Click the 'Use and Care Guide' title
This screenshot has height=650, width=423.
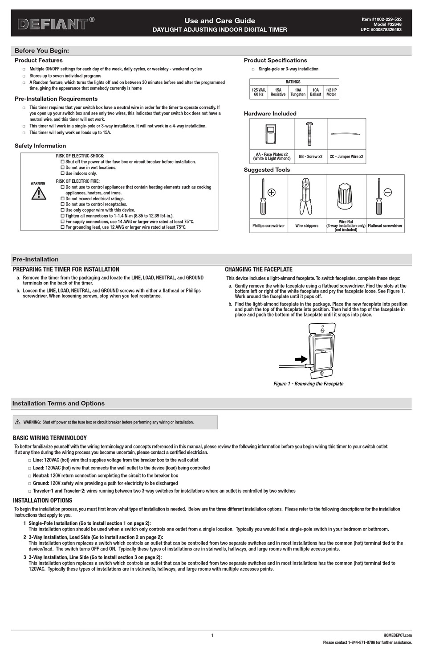coord(220,21)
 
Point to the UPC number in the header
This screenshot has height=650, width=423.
coord(381,30)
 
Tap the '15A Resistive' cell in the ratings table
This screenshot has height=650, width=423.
coord(278,92)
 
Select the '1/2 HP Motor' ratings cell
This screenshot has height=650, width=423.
coord(331,92)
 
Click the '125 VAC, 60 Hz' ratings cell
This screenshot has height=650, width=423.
coord(259,92)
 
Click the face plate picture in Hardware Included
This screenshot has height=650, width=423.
coord(270,134)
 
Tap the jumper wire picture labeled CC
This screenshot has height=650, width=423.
coord(346,134)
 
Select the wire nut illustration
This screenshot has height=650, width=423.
coord(346,196)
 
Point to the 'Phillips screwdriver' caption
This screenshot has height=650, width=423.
coord(268,226)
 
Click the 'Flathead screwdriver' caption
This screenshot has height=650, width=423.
coord(385,226)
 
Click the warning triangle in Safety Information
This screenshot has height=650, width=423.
coord(39,193)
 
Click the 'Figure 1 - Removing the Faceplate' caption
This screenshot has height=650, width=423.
coord(308,384)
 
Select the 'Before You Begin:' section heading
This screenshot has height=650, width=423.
coord(42,51)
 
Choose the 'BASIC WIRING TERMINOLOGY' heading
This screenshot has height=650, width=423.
coord(50,438)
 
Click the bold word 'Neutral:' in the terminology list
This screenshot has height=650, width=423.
coord(41,476)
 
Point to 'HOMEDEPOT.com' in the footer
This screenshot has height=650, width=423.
coord(397,635)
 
